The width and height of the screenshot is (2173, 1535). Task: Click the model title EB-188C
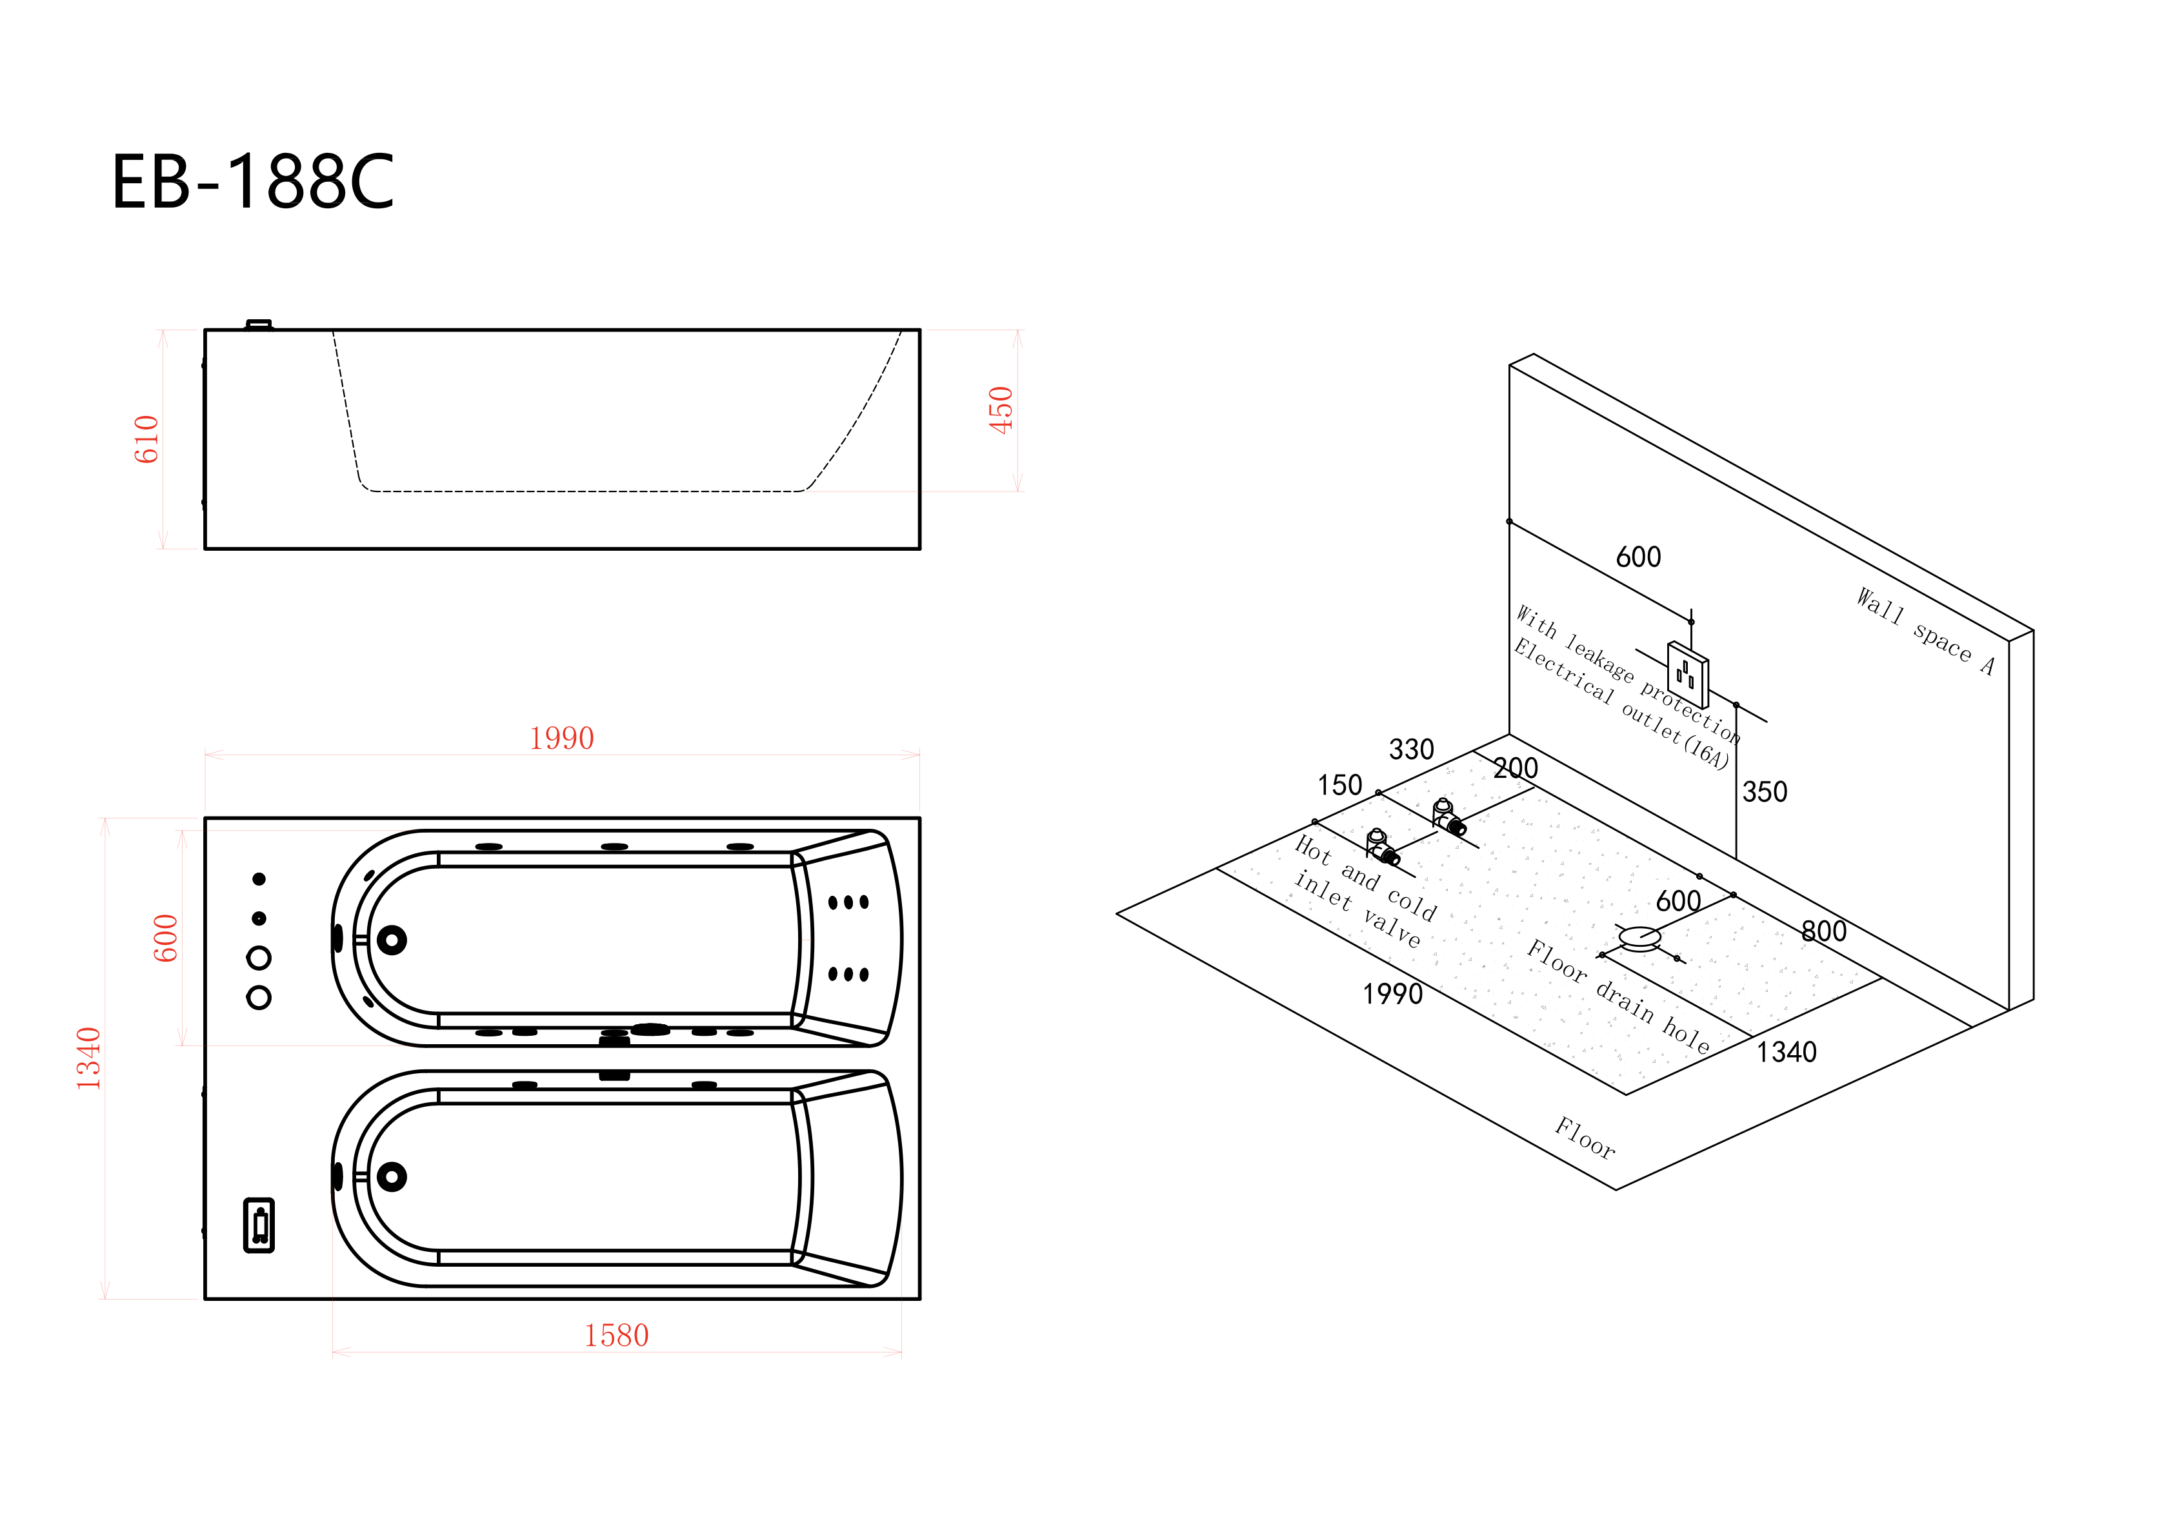point(253,182)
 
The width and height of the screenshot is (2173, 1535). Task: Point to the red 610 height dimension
point(146,439)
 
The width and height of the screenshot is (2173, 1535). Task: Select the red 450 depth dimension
point(1001,410)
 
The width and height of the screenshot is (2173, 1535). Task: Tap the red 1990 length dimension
point(561,738)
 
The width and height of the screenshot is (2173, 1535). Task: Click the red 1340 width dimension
point(89,1058)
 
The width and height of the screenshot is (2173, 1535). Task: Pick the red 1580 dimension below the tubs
point(616,1335)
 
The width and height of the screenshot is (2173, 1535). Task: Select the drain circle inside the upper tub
point(392,940)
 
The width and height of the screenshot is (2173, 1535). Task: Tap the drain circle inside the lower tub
point(392,1176)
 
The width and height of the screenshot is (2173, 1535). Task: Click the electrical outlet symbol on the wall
point(1687,675)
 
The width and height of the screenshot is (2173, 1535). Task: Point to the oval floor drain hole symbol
point(1639,937)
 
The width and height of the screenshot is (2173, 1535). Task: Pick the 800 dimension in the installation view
point(1824,931)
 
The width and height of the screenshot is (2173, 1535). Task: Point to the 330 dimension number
point(1411,749)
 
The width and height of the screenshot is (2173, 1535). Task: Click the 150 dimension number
point(1339,786)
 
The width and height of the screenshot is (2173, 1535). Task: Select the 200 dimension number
point(1516,768)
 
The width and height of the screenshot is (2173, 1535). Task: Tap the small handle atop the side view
point(258,324)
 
